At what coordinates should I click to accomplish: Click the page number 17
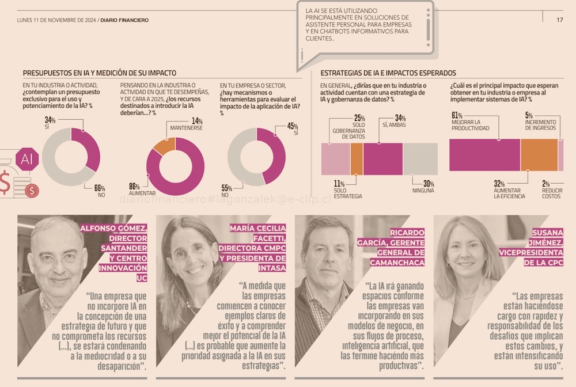[559, 20]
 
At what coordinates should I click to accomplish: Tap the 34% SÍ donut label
[50, 123]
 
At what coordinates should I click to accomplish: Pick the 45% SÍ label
[293, 129]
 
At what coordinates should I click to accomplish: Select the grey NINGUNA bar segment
[420, 159]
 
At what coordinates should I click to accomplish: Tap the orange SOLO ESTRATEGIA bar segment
[357, 159]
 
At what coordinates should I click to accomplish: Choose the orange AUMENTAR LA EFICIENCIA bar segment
[539, 155]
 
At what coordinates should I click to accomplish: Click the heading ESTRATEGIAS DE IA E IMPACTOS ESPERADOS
[388, 74]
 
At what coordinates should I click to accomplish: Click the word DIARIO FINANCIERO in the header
[124, 20]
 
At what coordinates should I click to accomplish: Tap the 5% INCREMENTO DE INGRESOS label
[540, 122]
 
